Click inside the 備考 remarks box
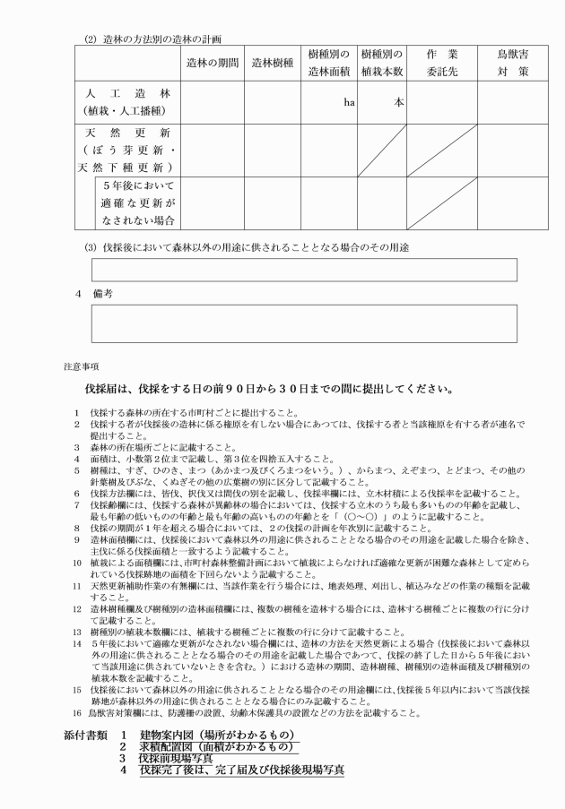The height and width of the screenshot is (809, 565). click(304, 323)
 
